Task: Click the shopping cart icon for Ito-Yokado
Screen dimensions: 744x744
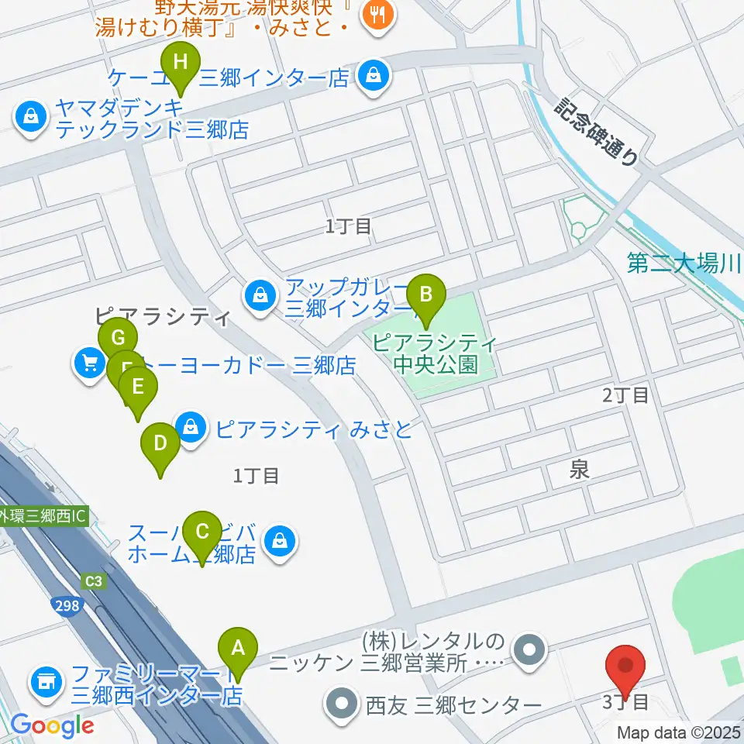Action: pyautogui.click(x=90, y=363)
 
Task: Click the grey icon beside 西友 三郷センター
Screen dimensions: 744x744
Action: pyautogui.click(x=342, y=704)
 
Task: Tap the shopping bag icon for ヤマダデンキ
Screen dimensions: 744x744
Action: pyautogui.click(x=30, y=118)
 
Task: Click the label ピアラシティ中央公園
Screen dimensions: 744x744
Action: pyautogui.click(x=434, y=353)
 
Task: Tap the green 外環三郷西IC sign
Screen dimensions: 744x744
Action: pyautogui.click(x=43, y=515)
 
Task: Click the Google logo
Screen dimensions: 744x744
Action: pyautogui.click(x=52, y=725)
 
